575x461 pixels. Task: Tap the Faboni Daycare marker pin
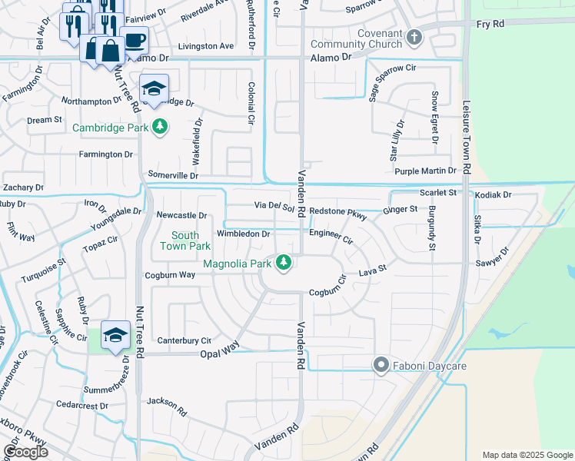[381, 366]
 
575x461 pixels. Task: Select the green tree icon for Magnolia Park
[284, 264]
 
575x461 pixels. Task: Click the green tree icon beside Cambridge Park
[159, 127]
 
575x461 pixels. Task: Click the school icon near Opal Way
[115, 336]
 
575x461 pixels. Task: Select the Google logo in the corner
[25, 452]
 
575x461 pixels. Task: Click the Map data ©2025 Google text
[527, 455]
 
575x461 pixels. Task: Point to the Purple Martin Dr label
[425, 171]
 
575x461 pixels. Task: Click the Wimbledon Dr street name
[243, 234]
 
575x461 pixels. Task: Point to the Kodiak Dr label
[493, 195]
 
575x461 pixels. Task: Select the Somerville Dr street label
[173, 175]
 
